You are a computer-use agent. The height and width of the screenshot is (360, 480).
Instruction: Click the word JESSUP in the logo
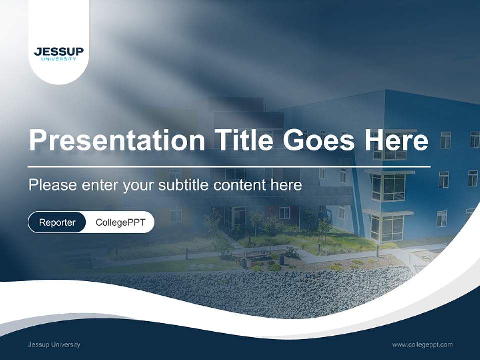[59, 52]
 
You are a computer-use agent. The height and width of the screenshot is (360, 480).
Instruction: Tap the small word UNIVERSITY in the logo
[59, 59]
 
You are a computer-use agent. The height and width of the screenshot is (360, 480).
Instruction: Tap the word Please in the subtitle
[52, 185]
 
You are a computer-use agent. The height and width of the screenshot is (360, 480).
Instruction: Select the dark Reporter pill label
[57, 222]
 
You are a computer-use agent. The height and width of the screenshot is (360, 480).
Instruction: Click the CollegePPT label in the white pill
[120, 222]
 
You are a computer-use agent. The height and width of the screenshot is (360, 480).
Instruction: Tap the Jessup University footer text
[54, 345]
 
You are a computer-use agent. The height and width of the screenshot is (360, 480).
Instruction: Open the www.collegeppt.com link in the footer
[422, 345]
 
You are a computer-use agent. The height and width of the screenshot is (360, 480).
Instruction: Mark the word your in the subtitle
[139, 186]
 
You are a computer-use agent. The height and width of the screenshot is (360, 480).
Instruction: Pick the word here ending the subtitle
[286, 185]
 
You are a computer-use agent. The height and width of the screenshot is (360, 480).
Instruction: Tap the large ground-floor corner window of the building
[388, 228]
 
